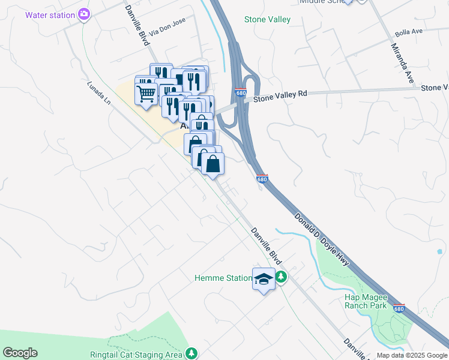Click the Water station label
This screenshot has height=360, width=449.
tap(50, 14)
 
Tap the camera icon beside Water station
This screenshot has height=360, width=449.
tap(84, 13)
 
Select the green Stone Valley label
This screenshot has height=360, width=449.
tap(267, 19)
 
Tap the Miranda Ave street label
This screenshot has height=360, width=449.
tap(402, 62)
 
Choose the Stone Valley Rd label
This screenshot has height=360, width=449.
tap(280, 95)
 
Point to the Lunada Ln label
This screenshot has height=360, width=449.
tap(99, 94)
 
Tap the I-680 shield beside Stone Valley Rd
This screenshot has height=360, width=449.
tap(241, 93)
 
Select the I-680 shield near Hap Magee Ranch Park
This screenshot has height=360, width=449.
tap(399, 308)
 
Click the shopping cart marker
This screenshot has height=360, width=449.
tap(146, 94)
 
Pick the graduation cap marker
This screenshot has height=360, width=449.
tap(264, 279)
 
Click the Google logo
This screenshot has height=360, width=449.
tap(20, 353)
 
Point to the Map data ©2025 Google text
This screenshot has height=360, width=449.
tap(412, 355)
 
